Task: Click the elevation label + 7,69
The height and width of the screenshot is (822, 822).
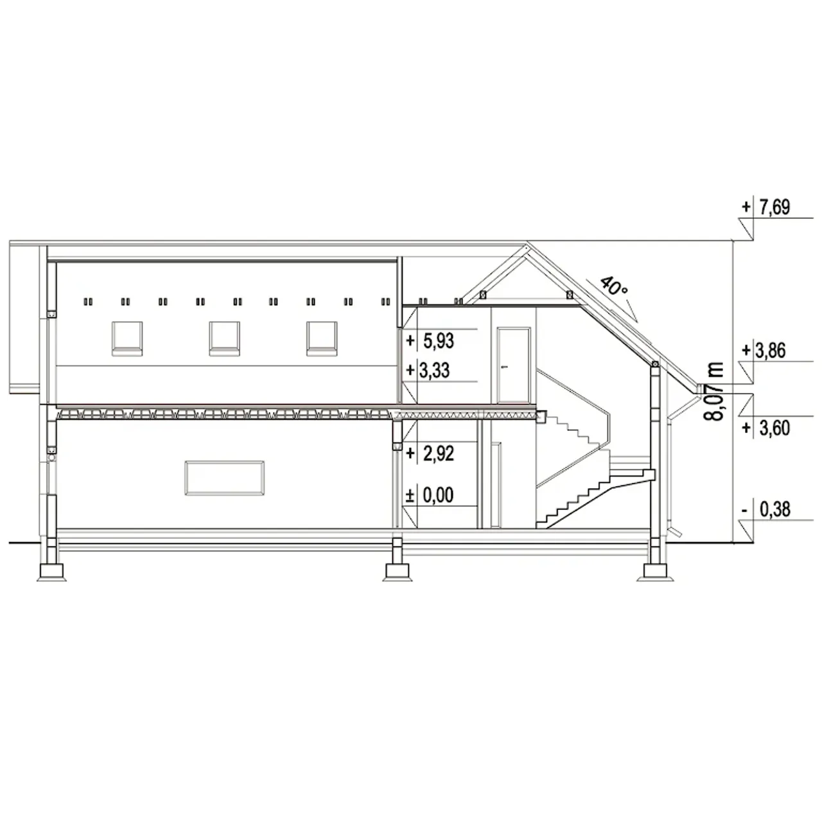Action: click(x=765, y=207)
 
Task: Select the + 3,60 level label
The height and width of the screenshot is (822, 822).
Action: click(x=766, y=428)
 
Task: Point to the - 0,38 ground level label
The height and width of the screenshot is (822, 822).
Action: click(x=766, y=509)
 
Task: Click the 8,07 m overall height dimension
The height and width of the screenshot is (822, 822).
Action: click(x=713, y=391)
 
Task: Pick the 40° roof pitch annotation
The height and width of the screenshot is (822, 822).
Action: click(x=613, y=286)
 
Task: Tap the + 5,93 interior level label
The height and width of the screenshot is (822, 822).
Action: click(x=430, y=341)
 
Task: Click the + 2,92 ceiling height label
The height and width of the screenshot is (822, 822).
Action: click(x=430, y=453)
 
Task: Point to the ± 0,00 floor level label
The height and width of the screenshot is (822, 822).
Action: click(x=430, y=495)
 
